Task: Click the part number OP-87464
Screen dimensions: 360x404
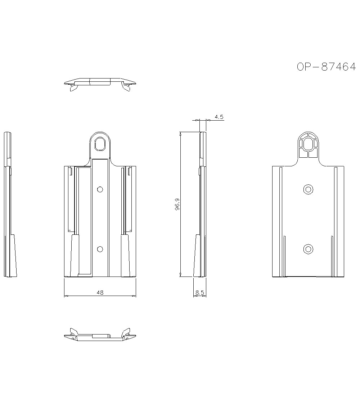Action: tap(326, 67)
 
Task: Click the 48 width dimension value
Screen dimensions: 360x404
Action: tap(100, 292)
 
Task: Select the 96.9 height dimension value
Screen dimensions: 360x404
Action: tap(177, 205)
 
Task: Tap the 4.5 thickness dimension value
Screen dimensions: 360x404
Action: tap(219, 117)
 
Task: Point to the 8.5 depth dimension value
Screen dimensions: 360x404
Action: tap(199, 292)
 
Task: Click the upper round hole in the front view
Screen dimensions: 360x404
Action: tap(100, 189)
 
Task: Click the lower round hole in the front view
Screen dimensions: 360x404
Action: tap(100, 249)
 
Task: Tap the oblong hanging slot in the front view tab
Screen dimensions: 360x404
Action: tap(100, 144)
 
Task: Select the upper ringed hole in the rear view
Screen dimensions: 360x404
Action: tap(308, 189)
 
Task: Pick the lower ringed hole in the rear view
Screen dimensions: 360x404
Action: tap(308, 249)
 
